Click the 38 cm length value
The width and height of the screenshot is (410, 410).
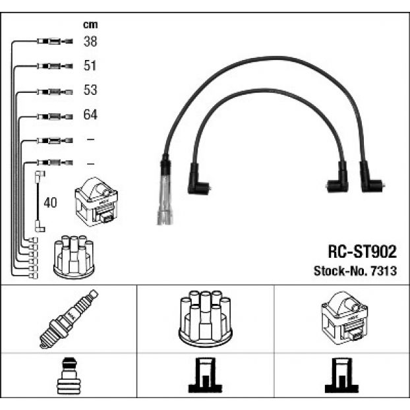90,42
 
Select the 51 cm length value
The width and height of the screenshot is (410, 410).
90,65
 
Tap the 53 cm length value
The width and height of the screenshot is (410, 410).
90,90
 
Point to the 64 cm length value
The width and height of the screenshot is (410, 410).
90,115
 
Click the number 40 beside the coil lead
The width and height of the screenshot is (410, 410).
50,202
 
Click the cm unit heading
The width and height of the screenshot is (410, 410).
90,24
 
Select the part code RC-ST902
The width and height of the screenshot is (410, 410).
363,252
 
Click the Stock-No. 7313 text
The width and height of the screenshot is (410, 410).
355,271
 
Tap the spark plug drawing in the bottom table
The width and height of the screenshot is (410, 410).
69,319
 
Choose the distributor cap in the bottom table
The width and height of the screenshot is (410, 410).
206,318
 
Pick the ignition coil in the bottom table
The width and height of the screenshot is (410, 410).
344,318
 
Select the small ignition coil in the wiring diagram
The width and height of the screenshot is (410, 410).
96,202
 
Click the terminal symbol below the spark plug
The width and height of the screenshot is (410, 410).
69,376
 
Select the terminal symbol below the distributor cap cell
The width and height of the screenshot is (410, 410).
205,375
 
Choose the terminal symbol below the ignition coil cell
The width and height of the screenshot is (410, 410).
341,375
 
